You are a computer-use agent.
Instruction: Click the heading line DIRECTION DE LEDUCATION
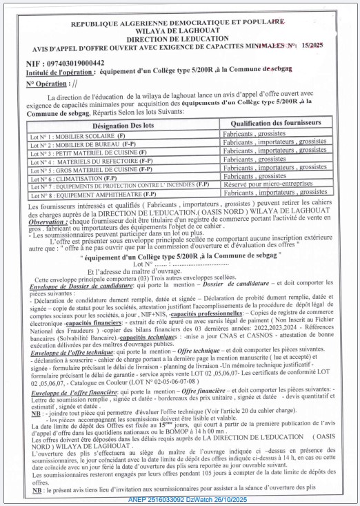pos(179,39)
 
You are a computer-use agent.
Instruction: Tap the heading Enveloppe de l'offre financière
pos(73,393)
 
